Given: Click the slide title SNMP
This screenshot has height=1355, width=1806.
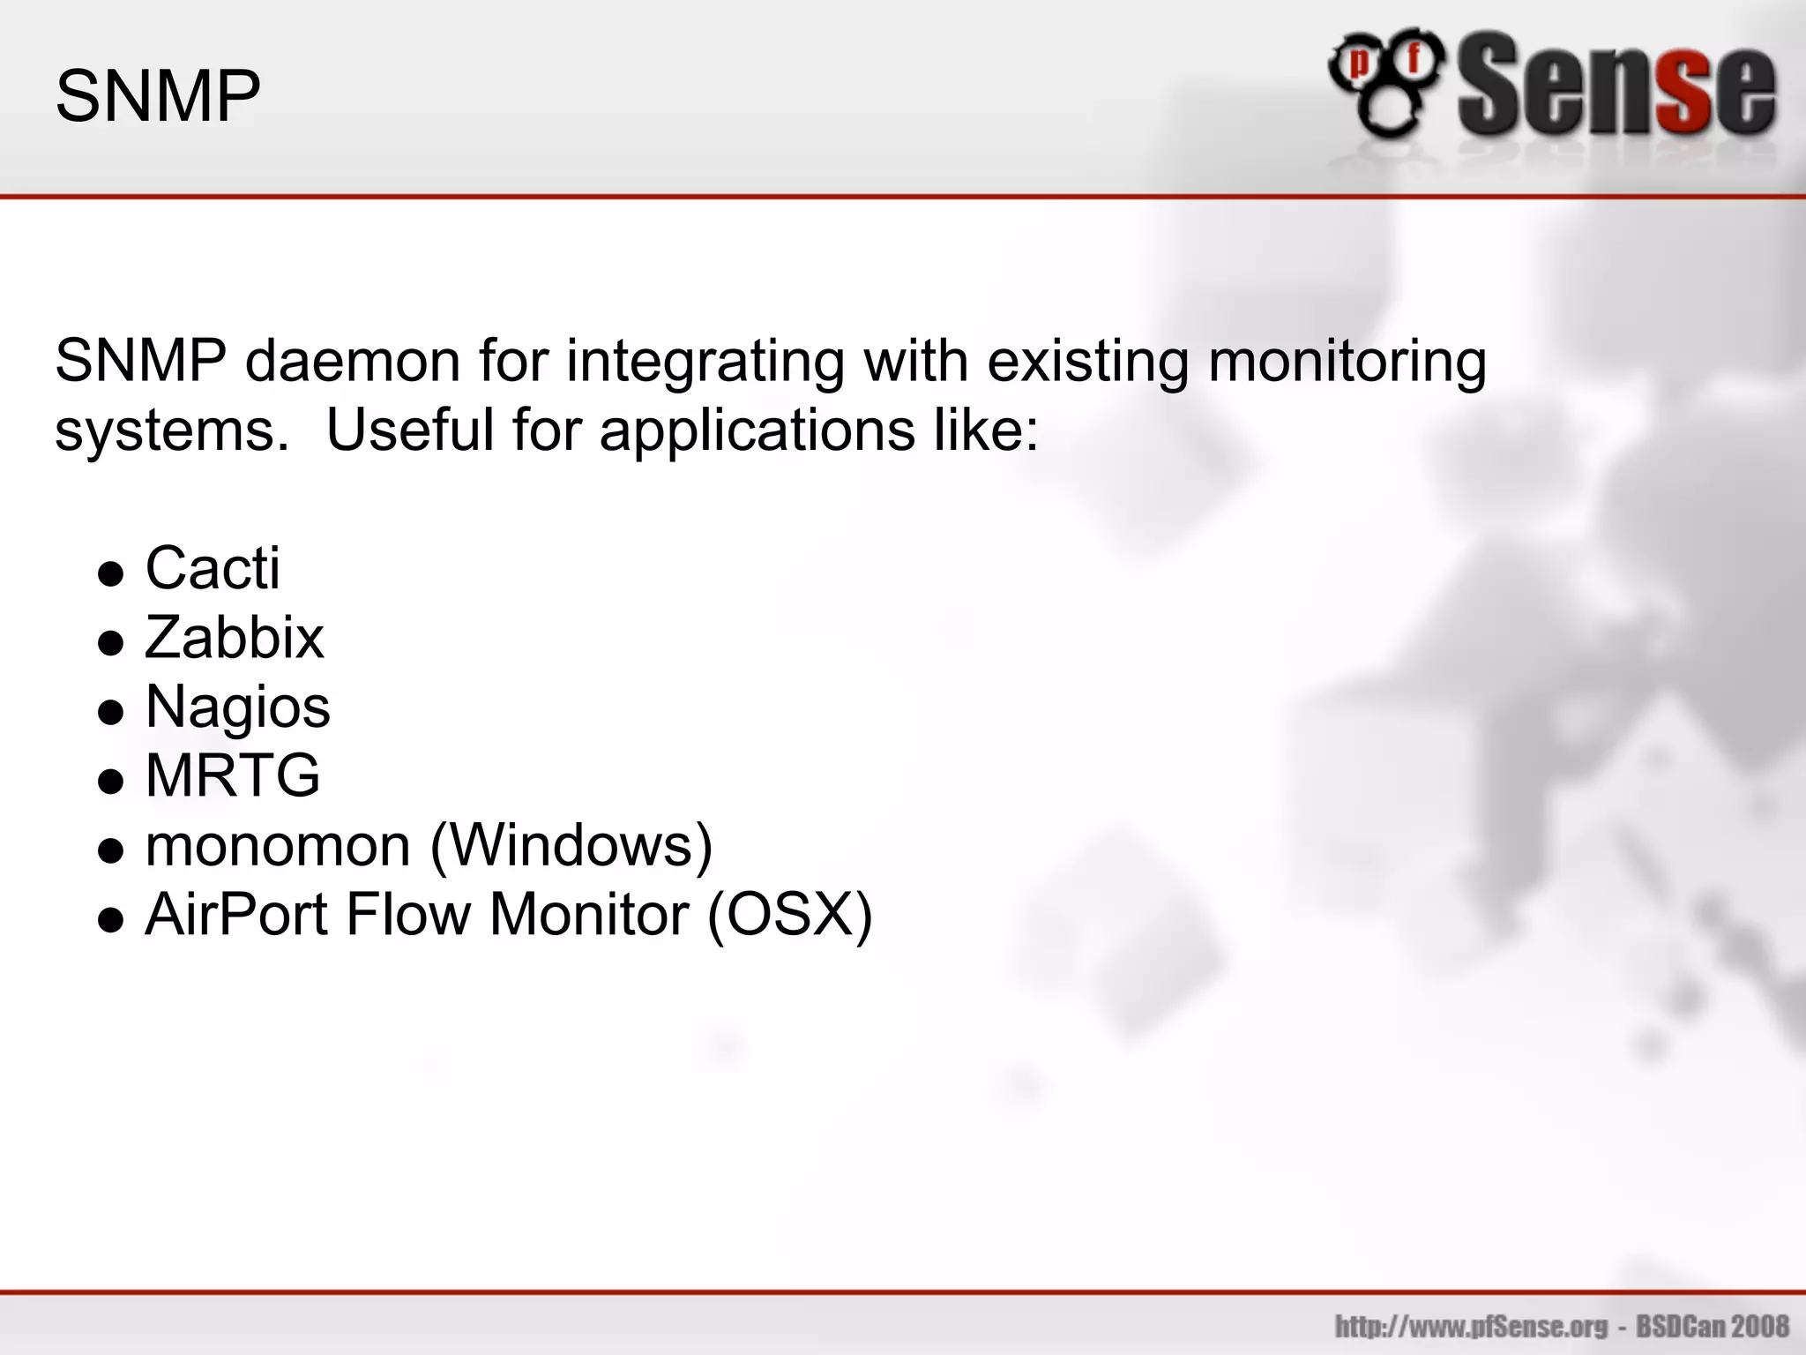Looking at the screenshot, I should (158, 96).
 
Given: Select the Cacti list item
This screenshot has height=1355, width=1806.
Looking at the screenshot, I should (213, 568).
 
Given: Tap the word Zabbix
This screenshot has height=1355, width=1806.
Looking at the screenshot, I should (235, 638).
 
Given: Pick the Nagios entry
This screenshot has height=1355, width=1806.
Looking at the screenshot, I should (238, 707).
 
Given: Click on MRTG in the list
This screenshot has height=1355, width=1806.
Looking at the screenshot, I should (233, 776).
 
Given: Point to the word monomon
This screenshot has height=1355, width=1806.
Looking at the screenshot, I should (278, 846).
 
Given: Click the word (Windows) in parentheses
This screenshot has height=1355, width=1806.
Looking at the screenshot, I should (571, 846).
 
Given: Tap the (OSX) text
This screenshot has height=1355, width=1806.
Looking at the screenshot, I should (789, 915).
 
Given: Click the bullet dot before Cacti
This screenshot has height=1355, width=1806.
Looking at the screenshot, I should (110, 575).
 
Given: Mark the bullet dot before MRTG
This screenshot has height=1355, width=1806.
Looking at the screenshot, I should (110, 782).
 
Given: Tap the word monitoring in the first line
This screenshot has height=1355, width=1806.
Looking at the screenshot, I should (1347, 363).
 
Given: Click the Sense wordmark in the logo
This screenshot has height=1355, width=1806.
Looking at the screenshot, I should (1616, 86).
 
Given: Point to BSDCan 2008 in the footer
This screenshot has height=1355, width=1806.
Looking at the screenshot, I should (1713, 1327).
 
